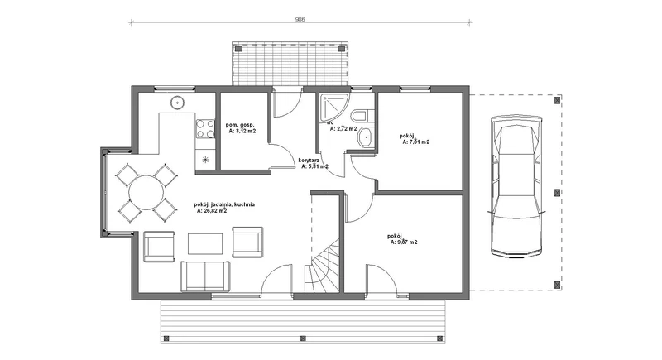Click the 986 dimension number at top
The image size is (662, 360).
click(300, 19)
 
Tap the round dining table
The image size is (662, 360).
click(146, 193)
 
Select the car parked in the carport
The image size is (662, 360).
click(516, 185)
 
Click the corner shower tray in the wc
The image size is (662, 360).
click(334, 108)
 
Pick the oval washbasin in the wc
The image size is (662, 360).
click(364, 138)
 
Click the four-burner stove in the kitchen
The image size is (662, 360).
click(205, 128)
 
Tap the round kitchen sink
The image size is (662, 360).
click(177, 103)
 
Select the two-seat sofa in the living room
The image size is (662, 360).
click(205, 276)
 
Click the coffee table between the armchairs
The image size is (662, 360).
click(205, 243)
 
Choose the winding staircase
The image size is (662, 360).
click(322, 265)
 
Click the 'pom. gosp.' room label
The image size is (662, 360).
click(240, 125)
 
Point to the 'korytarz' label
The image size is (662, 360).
click(308, 161)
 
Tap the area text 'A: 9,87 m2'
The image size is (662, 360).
click(404, 242)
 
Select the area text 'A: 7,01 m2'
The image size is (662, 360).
click(416, 142)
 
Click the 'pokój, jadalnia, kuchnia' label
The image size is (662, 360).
click(224, 204)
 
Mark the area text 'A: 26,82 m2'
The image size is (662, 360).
click(212, 210)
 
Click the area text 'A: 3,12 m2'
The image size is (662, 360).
click(242, 131)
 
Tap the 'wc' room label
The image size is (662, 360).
click(330, 123)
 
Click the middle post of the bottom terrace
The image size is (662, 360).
click(303, 338)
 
